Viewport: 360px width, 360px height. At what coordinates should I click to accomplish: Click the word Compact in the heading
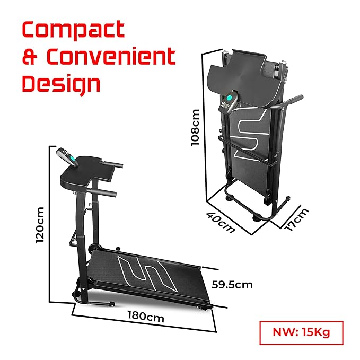(x=73, y=30)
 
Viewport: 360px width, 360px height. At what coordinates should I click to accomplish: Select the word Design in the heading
(x=61, y=83)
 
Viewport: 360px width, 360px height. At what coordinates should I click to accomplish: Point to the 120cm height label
(x=40, y=225)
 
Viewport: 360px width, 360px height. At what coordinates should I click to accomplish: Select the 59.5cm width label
(x=232, y=285)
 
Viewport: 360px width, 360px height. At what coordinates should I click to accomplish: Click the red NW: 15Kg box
(x=301, y=332)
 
